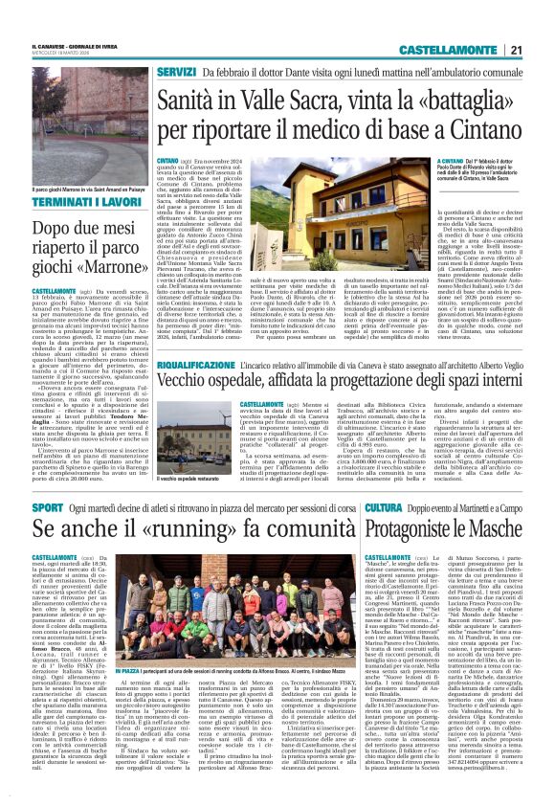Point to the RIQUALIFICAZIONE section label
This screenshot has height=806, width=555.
(196, 366)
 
